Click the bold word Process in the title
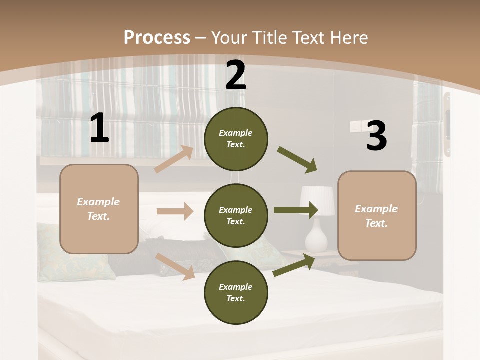coord(157,37)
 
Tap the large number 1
coord(99,128)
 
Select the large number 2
coord(236,76)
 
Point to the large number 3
coord(376,136)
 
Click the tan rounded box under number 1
coord(99,209)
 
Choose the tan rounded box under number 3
coord(377,216)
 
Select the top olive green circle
coord(236,139)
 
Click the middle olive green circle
coord(236,215)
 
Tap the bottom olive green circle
coord(236,292)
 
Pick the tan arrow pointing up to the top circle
coord(174,159)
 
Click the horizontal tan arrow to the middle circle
coord(175,211)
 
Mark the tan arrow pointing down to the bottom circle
coord(175,266)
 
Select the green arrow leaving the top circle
coord(297,160)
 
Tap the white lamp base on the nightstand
coord(316,235)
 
